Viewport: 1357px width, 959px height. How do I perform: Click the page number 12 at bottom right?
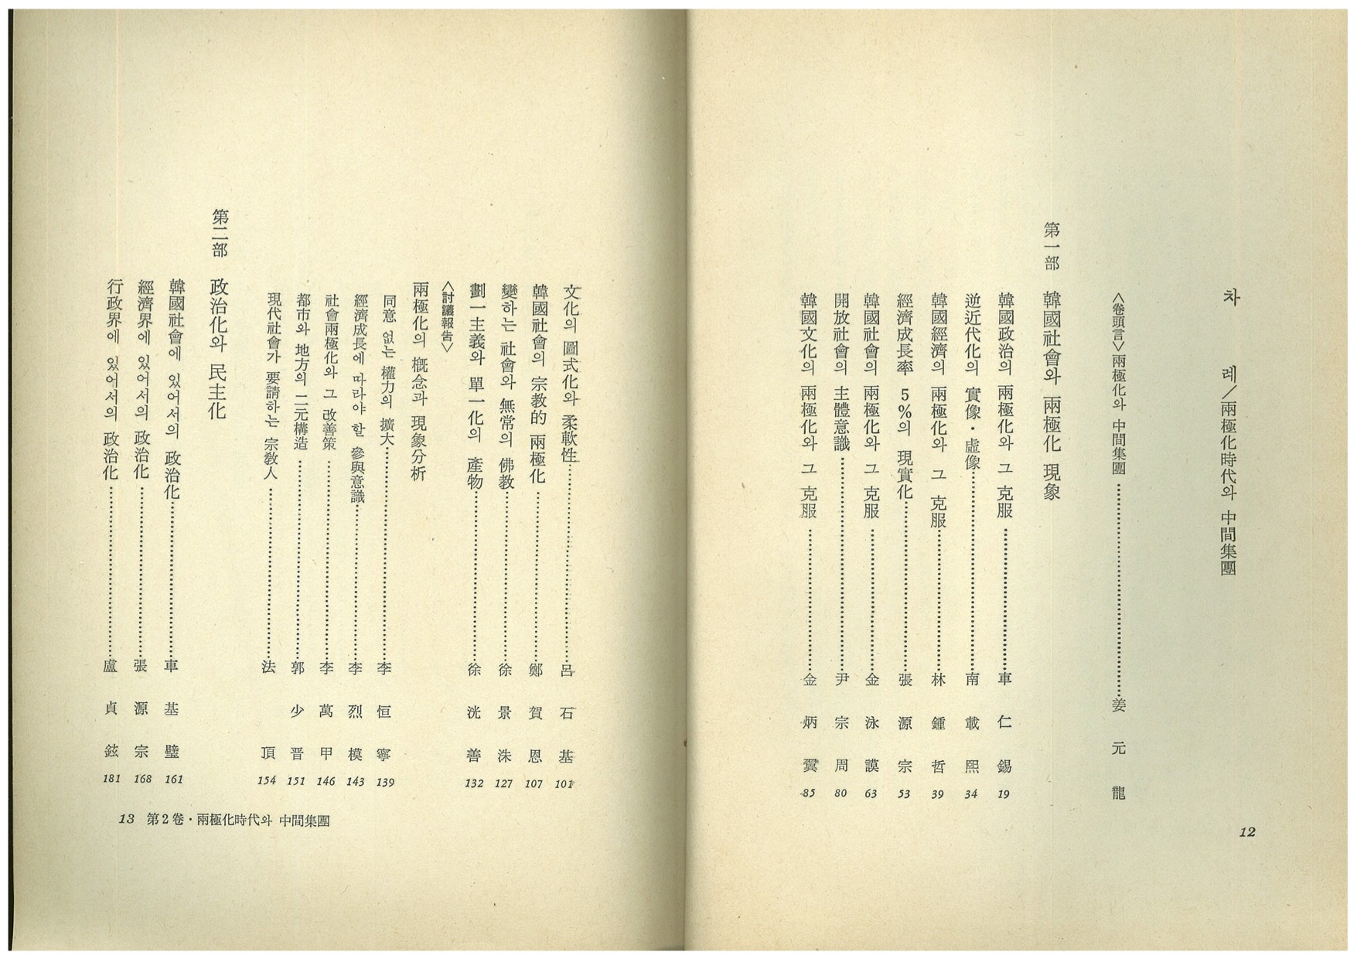pyautogui.click(x=1246, y=831)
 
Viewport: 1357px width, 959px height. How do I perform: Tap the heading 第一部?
pyautogui.click(x=1052, y=246)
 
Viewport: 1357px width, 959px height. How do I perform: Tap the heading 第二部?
pyautogui.click(x=219, y=233)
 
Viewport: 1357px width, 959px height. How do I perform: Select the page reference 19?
pyautogui.click(x=1004, y=793)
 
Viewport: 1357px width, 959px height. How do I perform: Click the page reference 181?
pyautogui.click(x=112, y=779)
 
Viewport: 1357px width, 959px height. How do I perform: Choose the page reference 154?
pyautogui.click(x=267, y=781)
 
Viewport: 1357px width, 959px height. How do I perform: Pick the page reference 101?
pyautogui.click(x=564, y=783)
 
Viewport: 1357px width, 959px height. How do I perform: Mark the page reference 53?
pyautogui.click(x=904, y=793)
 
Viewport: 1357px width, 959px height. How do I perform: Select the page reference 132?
pyautogui.click(x=474, y=783)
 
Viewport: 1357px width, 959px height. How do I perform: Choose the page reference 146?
pyautogui.click(x=326, y=781)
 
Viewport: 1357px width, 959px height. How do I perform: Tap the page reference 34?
pyautogui.click(x=971, y=793)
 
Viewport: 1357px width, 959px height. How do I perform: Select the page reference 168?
pyautogui.click(x=142, y=779)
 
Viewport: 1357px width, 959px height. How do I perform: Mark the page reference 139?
pyautogui.click(x=385, y=782)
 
